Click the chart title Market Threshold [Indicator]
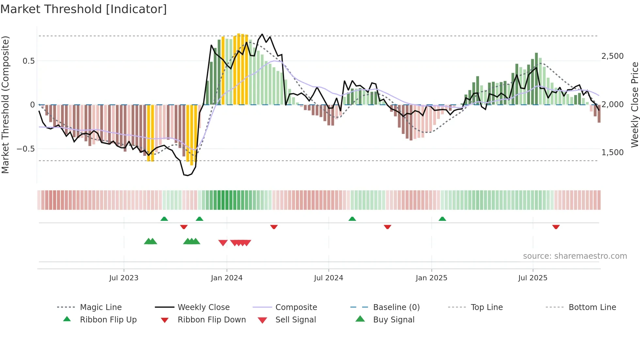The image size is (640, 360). click(84, 9)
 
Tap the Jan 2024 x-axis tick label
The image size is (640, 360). click(227, 278)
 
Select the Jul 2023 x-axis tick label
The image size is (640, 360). click(124, 278)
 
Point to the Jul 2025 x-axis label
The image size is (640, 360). click(533, 278)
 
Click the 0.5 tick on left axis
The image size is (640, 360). click(28, 61)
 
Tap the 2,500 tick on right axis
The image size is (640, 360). click(613, 56)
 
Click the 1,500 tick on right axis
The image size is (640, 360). click(613, 153)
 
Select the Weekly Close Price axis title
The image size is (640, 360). click(634, 105)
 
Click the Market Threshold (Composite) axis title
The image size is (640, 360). click(5, 105)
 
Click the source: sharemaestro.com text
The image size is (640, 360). click(575, 256)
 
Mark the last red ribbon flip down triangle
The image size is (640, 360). click(556, 227)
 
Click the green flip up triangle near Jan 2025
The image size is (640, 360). click(442, 219)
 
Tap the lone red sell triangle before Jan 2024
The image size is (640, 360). click(223, 243)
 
